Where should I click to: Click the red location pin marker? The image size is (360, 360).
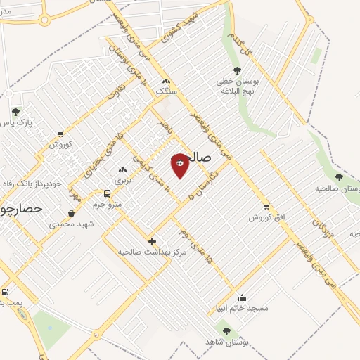pyautogui.click(x=181, y=165)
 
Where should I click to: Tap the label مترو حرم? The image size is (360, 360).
pyautogui.click(x=109, y=204)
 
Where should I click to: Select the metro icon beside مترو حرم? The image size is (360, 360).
pyautogui.click(x=107, y=193)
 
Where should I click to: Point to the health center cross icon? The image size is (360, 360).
pyautogui.click(x=153, y=241)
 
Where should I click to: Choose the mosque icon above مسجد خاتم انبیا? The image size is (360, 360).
pyautogui.click(x=243, y=297)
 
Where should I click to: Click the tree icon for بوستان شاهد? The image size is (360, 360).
pyautogui.click(x=226, y=330)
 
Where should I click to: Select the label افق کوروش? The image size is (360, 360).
pyautogui.click(x=268, y=217)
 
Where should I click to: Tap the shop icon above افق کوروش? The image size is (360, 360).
pyautogui.click(x=266, y=207)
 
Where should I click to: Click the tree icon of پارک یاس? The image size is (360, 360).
pyautogui.click(x=15, y=111)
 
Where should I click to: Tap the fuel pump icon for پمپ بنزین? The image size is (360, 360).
pyautogui.click(x=6, y=292)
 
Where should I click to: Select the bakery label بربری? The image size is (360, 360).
pyautogui.click(x=123, y=180)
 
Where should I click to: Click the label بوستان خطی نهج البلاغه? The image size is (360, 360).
pyautogui.click(x=237, y=86)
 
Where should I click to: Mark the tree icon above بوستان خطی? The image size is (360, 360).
pyautogui.click(x=237, y=70)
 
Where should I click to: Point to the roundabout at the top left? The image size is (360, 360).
pyautogui.click(x=45, y=19)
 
